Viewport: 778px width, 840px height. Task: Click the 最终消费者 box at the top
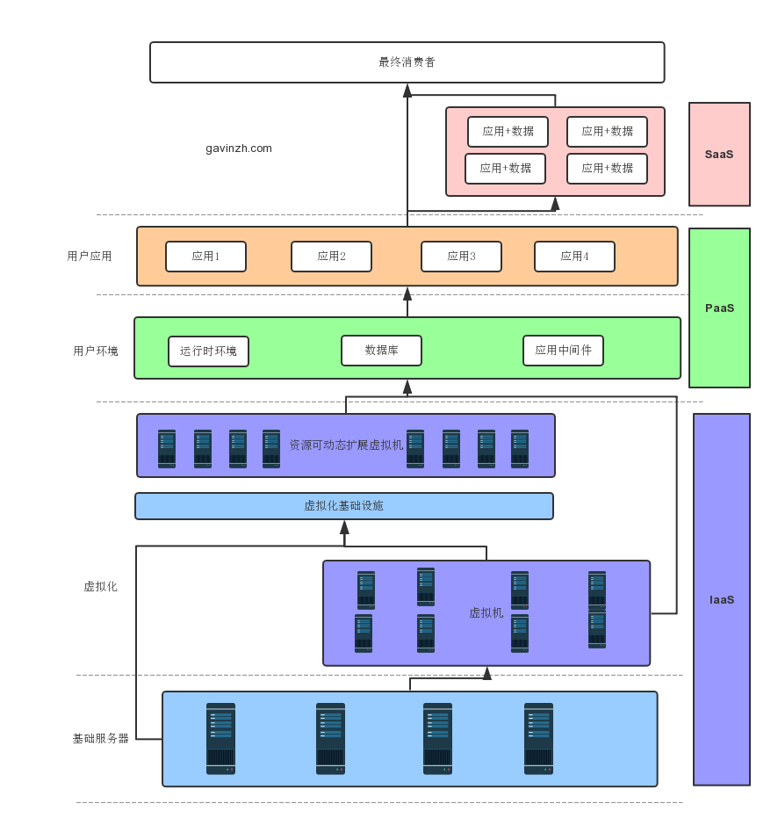407,62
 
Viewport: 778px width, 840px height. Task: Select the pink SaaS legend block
719,154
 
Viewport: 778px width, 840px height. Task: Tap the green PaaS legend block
719,308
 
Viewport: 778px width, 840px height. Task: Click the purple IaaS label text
722,600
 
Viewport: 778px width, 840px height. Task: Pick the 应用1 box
205,257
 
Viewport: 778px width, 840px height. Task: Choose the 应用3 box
461,257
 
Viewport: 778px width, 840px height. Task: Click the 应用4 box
574,257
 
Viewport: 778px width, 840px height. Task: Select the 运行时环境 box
208,351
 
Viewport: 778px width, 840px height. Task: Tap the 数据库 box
381,351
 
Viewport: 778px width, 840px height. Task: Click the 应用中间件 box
563,351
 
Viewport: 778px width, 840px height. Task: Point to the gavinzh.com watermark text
239,148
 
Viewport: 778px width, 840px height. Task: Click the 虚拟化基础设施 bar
343,506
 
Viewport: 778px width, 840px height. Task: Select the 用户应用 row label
90,257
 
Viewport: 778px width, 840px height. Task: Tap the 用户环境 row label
96,351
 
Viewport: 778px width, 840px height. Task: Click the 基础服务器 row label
101,739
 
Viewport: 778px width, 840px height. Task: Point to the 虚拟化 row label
100,587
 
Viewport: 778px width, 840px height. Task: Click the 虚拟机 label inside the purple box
486,613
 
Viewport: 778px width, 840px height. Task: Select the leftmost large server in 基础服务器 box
220,739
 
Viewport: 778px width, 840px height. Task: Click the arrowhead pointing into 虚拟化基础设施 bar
344,527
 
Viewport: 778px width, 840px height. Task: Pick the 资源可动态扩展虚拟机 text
346,445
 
